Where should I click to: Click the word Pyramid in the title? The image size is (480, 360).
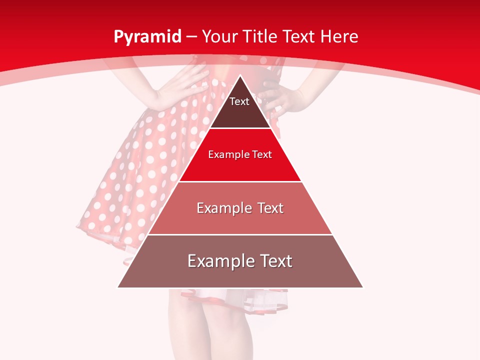click(147, 37)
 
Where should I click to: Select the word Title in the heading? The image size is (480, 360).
click(260, 36)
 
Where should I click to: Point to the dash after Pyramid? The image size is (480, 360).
click(191, 37)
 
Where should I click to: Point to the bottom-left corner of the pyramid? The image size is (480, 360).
click(118, 287)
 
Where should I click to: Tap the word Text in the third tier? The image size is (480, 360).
click(267, 208)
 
